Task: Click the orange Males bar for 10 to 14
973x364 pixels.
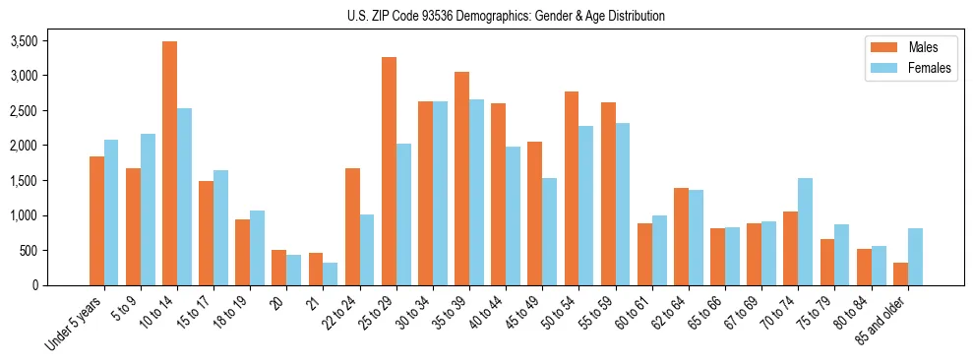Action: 169,163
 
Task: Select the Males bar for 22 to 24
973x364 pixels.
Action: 352,226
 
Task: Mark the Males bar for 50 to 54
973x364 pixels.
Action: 572,188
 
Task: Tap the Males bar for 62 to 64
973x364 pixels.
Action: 681,236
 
